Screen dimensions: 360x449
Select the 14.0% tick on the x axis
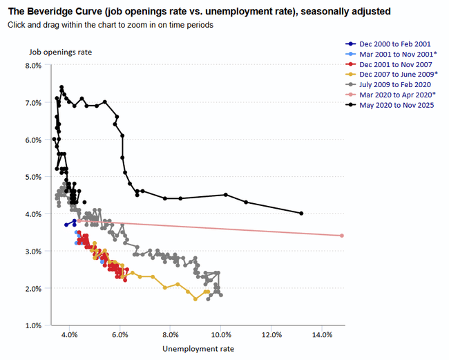[322, 335]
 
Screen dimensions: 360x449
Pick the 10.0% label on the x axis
[221, 335]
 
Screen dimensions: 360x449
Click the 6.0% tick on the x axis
[120, 335]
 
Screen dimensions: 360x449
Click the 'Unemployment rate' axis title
[198, 349]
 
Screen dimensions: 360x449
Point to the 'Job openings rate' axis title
[60, 52]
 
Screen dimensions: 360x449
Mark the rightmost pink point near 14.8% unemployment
[342, 236]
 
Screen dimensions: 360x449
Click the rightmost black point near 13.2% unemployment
[302, 214]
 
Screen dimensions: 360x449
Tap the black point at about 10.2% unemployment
[226, 195]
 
